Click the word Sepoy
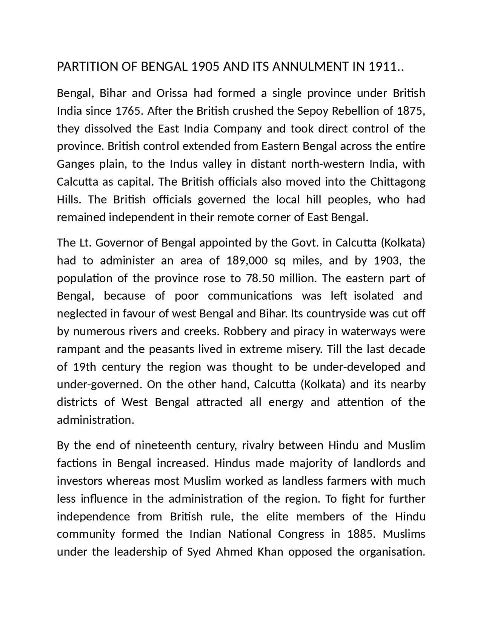(x=311, y=111)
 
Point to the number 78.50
(x=259, y=279)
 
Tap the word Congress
(x=301, y=534)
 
